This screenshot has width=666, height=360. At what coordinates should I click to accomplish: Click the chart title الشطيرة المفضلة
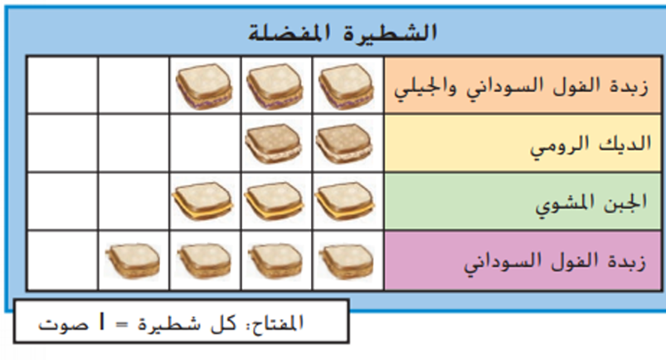tap(343, 32)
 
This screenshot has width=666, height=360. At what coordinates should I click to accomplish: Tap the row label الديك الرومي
tap(591, 145)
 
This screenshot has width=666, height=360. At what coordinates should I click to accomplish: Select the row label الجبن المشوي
tap(591, 203)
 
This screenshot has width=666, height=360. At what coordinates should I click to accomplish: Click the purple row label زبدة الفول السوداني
tap(555, 261)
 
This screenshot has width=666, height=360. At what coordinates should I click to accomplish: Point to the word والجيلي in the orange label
tap(426, 88)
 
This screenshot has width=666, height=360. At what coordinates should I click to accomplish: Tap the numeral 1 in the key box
tap(101, 322)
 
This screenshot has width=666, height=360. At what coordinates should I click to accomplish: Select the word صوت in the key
tap(63, 324)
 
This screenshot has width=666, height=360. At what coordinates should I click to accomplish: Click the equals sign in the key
tap(121, 324)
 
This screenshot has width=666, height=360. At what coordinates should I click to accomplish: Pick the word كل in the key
tap(222, 323)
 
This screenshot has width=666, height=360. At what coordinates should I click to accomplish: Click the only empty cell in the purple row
tap(62, 261)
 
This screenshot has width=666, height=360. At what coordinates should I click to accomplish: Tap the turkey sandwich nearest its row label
tap(344, 144)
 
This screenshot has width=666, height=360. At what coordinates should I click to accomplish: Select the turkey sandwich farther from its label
tap(274, 144)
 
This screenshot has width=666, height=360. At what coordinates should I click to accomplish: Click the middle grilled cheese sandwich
tap(275, 201)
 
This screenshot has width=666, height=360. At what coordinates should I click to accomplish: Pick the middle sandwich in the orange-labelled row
tap(275, 86)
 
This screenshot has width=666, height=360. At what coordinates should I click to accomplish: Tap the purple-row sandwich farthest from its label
tap(133, 260)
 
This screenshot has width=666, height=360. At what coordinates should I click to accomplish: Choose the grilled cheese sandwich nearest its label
tap(345, 201)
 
